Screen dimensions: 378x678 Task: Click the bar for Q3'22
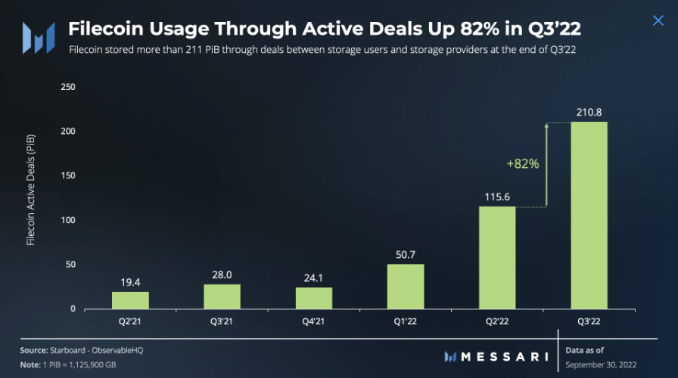589,215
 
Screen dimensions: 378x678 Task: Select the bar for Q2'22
497,258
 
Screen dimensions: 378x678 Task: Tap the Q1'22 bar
406,287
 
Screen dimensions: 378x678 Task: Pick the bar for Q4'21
314,298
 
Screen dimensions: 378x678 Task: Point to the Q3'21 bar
222,296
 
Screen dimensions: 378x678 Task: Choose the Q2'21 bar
131,300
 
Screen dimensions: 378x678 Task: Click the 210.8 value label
589,113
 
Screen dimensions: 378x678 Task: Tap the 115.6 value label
497,197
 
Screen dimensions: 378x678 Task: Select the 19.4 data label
131,283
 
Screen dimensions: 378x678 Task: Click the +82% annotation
524,163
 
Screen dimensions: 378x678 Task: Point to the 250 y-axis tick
68,87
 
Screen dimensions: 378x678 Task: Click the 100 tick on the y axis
68,220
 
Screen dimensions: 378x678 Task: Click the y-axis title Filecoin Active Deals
31,198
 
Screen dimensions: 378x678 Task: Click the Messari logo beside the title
37,37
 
